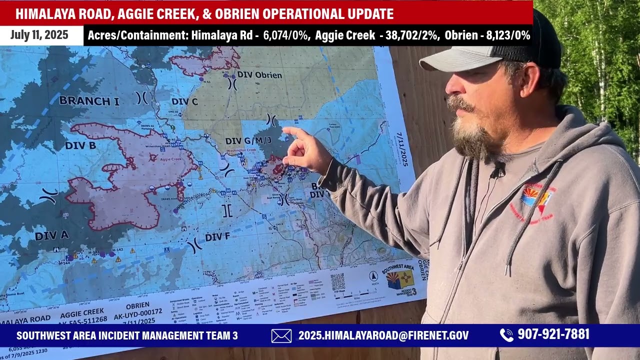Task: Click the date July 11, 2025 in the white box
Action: pyautogui.click(x=39, y=35)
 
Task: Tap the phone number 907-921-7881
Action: pyautogui.click(x=553, y=334)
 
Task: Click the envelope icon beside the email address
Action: pyautogui.click(x=281, y=335)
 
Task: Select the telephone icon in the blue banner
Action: pyautogui.click(x=506, y=335)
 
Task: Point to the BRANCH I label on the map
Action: pyautogui.click(x=89, y=101)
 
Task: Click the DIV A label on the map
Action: pyautogui.click(x=52, y=235)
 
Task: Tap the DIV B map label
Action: pyautogui.click(x=80, y=145)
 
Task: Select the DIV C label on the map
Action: pyautogui.click(x=184, y=102)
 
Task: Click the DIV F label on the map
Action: pyautogui.click(x=217, y=236)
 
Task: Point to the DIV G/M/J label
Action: pyautogui.click(x=248, y=141)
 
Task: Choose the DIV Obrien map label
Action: pyautogui.click(x=259, y=75)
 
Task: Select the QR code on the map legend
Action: pyautogui.click(x=337, y=281)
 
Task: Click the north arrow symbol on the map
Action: pyautogui.click(x=373, y=276)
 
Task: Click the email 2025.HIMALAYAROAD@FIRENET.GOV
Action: pyautogui.click(x=383, y=335)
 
